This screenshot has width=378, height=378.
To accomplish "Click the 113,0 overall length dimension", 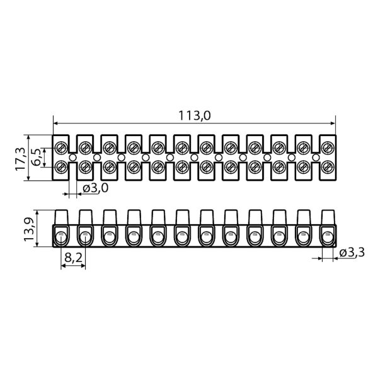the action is point(194,115).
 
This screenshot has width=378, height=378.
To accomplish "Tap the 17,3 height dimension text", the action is point(20,159).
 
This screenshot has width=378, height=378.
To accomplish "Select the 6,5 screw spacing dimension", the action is point(37,157).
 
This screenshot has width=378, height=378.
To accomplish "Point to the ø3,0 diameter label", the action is point(96,188).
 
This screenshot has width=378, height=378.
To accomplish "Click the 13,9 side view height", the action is point(29,229).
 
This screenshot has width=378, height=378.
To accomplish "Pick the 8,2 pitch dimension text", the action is point(73,258).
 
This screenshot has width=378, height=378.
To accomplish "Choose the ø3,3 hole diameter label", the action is point(352,253).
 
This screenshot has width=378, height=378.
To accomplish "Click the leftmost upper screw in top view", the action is point(61,148).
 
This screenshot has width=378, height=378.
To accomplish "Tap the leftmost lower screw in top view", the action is point(61,168).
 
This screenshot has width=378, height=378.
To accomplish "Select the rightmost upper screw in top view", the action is point(328,148).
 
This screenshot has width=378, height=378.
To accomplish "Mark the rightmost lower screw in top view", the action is point(328,168).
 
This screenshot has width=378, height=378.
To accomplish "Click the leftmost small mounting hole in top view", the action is point(72,157).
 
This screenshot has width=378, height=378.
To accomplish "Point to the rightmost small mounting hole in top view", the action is point(316,157).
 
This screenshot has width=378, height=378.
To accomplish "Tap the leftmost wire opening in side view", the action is point(61,238).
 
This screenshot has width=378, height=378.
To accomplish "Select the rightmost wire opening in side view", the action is point(328,238).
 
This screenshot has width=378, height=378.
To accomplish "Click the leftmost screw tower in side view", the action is point(61,217).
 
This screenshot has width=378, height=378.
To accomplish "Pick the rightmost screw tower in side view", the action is point(328,217).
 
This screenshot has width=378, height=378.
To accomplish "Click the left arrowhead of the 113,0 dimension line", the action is point(55,123).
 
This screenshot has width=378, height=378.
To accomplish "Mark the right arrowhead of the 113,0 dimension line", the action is point(333,123).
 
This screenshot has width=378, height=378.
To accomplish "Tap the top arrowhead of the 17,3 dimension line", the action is point(28,137).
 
